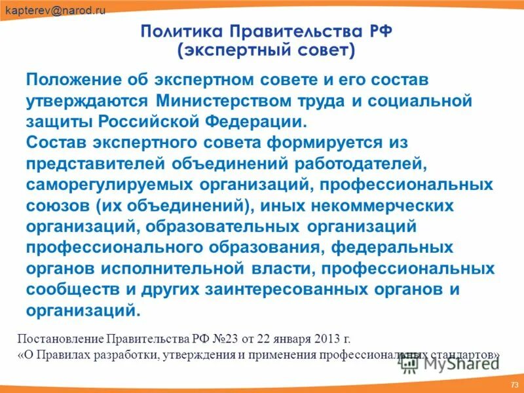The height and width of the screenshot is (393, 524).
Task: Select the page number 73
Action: pos(514,384)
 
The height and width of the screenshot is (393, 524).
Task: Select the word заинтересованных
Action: pos(269,290)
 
